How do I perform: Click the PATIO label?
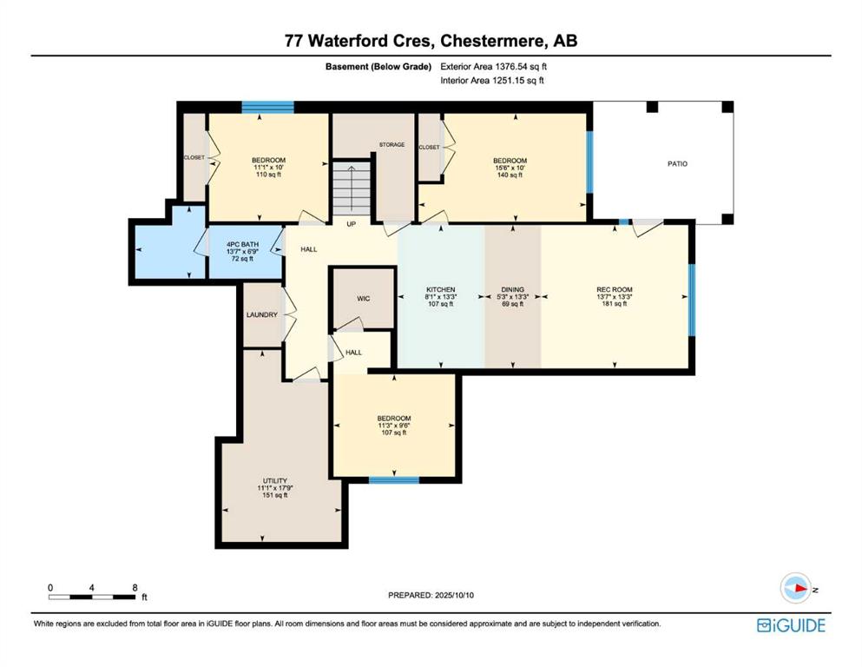pyautogui.click(x=677, y=164)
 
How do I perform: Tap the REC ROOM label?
pyautogui.click(x=615, y=289)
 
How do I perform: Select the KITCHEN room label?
pyautogui.click(x=441, y=289)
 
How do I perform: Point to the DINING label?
pyautogui.click(x=513, y=289)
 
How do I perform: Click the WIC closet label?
pyautogui.click(x=364, y=299)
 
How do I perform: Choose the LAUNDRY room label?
pyautogui.click(x=262, y=315)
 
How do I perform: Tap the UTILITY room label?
pyautogui.click(x=275, y=480)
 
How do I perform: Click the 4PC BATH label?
pyautogui.click(x=242, y=244)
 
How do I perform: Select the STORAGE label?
pyautogui.click(x=392, y=145)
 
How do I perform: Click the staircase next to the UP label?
pyautogui.click(x=352, y=188)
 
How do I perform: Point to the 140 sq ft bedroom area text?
pyautogui.click(x=510, y=175)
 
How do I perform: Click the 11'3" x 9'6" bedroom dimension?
pyautogui.click(x=394, y=426)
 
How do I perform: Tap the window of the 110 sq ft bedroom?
pyautogui.click(x=267, y=107)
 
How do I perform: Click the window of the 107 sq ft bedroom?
pyautogui.click(x=393, y=480)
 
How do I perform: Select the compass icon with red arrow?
pyautogui.click(x=796, y=588)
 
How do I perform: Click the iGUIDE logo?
pyautogui.click(x=791, y=626)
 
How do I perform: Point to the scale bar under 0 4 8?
pyautogui.click(x=92, y=597)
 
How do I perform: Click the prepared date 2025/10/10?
pyautogui.click(x=454, y=595)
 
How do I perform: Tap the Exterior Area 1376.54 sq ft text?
pyautogui.click(x=494, y=67)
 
